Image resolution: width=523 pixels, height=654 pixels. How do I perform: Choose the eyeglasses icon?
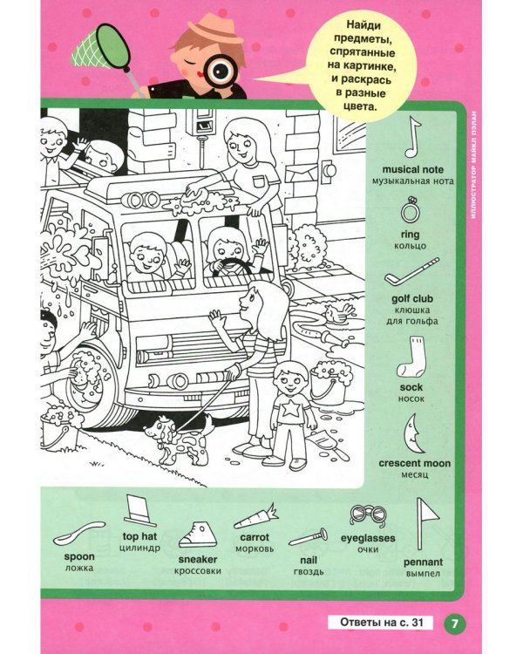pyautogui.click(x=368, y=516)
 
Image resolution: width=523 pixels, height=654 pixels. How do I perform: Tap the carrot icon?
pyautogui.click(x=255, y=518)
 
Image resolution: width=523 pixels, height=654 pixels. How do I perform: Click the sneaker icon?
pyautogui.click(x=197, y=535)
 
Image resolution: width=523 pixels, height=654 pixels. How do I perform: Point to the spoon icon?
pyautogui.click(x=78, y=533)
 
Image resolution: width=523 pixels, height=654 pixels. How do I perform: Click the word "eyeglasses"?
pyautogui.click(x=368, y=538)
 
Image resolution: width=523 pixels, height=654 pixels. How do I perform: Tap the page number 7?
pyautogui.click(x=455, y=623)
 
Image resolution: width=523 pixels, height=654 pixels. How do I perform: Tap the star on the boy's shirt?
pyautogui.click(x=290, y=409)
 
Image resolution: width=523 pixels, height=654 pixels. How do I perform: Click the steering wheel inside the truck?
pyautogui.click(x=232, y=267)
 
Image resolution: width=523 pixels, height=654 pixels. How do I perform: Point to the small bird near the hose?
pyautogui.click(x=339, y=312)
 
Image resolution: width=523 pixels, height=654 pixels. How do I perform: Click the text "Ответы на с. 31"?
pyautogui.click(x=381, y=623)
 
